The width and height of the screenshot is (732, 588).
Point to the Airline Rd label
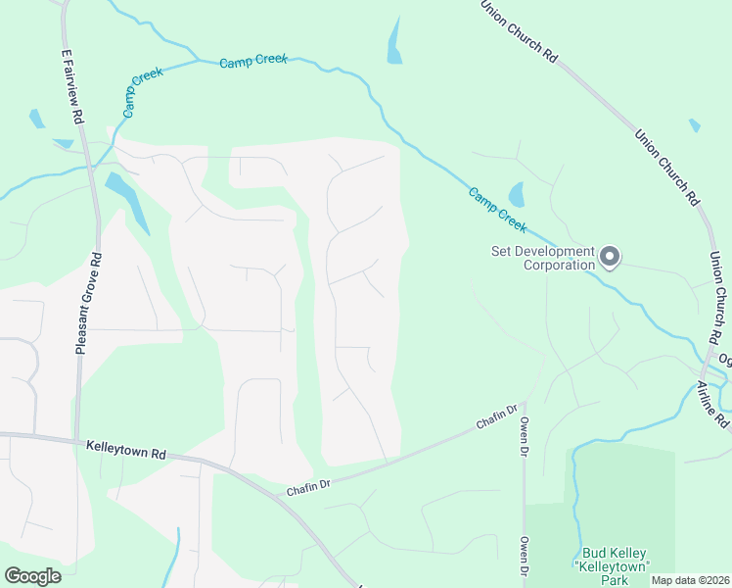tap(716, 403)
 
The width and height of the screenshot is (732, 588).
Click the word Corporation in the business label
tap(559, 265)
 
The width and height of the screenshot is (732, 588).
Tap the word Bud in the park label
tap(596, 554)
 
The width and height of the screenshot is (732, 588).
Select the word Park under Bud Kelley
tap(614, 581)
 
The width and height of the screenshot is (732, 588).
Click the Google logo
tap(32, 576)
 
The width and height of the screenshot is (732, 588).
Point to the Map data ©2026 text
tap(690, 580)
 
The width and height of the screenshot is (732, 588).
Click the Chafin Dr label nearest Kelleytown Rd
tap(309, 484)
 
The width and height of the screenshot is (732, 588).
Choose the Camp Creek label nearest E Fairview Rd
tap(142, 95)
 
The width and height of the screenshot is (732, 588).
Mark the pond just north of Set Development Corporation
tap(516, 193)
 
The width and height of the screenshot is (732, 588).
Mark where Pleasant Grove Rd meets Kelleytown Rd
tap(75, 439)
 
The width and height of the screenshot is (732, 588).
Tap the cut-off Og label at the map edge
tap(724, 359)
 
